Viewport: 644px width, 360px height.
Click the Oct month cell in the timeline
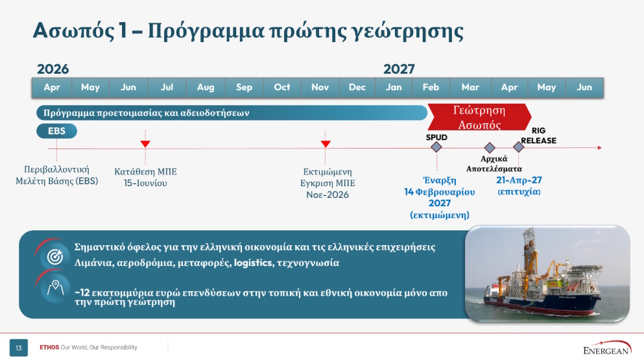point(282,87)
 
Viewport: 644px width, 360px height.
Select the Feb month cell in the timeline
point(431,87)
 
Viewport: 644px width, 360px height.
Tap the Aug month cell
point(206,87)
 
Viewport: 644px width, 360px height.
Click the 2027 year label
point(399,69)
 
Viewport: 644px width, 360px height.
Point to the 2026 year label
point(53,69)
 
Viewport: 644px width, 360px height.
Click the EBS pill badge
point(56,131)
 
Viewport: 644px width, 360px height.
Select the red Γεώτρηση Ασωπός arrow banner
point(479,117)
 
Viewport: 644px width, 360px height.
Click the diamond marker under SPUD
point(436,147)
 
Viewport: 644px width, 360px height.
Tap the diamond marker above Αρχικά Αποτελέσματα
point(489,147)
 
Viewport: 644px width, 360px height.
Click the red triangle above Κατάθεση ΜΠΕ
point(145,144)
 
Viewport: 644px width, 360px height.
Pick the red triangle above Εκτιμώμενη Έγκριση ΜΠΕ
point(326,144)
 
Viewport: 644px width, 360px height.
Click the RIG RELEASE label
point(538,136)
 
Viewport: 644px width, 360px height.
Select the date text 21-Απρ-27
point(519,180)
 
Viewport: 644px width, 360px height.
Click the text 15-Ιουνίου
point(145,184)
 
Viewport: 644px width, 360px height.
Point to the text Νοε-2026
point(328,195)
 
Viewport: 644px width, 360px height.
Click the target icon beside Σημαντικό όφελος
point(55,257)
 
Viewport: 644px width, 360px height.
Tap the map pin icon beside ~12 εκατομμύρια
point(55,288)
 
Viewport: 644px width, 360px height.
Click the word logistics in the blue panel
point(253,263)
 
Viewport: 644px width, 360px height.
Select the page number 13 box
point(18,348)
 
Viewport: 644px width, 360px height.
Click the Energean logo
point(607,348)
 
